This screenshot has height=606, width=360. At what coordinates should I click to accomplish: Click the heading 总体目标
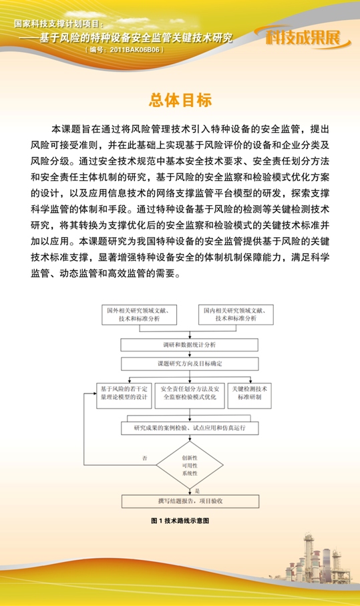[x=180, y=100]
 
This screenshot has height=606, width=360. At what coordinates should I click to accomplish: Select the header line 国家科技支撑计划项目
[x=59, y=23]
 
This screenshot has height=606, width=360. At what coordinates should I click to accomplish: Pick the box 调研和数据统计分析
[x=189, y=345]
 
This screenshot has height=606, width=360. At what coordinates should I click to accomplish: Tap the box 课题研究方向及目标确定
[x=189, y=364]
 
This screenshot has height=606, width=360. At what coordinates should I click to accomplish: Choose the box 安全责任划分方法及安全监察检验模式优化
[x=189, y=392]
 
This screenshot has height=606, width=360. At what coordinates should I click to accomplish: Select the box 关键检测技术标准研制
[x=249, y=392]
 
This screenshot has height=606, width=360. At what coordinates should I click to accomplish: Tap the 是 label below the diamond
[x=197, y=490]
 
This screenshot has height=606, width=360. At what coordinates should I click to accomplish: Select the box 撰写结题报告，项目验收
[x=190, y=500]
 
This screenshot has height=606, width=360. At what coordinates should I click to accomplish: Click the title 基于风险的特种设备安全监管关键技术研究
[x=136, y=37]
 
